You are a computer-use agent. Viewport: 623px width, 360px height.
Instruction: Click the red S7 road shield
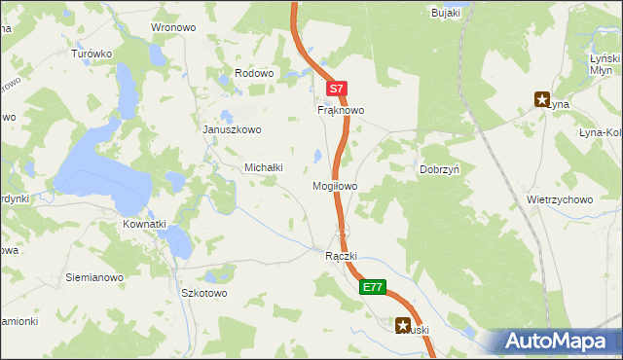[x=336, y=89]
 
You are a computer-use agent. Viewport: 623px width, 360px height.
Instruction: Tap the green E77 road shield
[x=373, y=287]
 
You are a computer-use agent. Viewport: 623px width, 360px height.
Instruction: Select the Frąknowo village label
[x=341, y=111]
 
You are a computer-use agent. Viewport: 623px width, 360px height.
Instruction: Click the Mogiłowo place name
[x=335, y=185]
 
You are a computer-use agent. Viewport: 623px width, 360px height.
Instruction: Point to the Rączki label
[x=342, y=256]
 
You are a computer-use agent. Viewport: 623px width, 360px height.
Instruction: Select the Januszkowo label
[x=232, y=129]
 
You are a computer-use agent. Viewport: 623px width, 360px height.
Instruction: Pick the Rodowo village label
[x=256, y=74]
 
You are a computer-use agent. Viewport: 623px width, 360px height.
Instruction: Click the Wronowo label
[x=173, y=27]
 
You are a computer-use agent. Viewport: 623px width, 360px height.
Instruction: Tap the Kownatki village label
[x=144, y=224]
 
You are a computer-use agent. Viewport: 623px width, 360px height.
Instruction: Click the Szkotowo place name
[x=204, y=293]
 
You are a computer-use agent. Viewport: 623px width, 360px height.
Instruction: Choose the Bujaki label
[x=445, y=13]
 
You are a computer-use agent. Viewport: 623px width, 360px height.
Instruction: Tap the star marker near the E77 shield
[x=402, y=327]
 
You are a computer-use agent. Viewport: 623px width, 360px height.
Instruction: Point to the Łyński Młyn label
[x=606, y=64]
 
